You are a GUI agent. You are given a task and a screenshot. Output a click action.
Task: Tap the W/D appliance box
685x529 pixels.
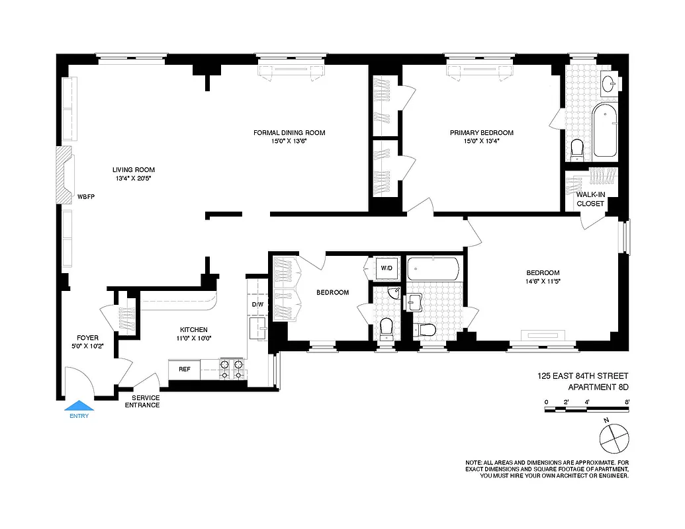(387, 268)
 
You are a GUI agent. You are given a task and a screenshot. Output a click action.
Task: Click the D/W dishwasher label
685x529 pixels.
(257, 305)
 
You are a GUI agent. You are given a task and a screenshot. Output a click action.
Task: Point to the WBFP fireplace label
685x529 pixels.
(87, 196)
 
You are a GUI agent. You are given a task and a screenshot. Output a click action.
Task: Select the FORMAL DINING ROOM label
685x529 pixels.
(289, 132)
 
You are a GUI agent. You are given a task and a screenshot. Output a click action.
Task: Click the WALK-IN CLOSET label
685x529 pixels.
(590, 199)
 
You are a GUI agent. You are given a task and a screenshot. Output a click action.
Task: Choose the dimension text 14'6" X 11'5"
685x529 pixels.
(543, 282)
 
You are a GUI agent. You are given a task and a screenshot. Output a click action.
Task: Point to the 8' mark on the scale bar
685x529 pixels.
(626, 402)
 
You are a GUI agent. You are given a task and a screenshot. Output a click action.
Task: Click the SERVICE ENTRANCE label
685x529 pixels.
(142, 401)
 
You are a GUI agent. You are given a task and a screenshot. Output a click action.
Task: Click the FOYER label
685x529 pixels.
(87, 338)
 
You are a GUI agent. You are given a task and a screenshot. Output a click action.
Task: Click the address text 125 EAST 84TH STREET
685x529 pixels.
(583, 376)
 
